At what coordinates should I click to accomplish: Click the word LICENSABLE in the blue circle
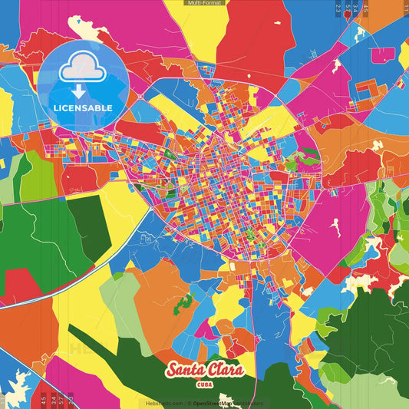pyautogui.click(x=82, y=107)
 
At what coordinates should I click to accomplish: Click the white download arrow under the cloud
pyautogui.click(x=82, y=88)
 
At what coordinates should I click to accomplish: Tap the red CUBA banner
pyautogui.click(x=204, y=384)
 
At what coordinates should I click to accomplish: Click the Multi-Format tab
pyautogui.click(x=204, y=3)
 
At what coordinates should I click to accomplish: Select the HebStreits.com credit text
pyautogui.click(x=164, y=403)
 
